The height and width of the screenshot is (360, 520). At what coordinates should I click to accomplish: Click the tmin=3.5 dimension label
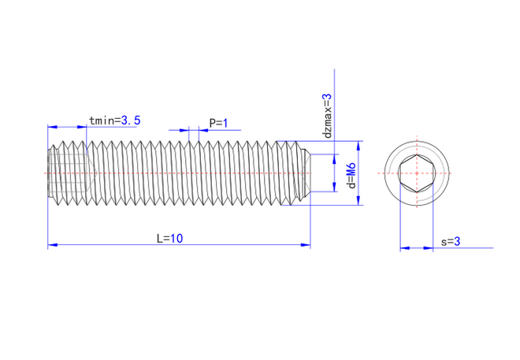(115, 121)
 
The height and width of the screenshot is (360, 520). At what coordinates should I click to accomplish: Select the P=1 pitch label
(218, 123)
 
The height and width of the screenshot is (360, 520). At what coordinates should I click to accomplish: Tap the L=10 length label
(169, 238)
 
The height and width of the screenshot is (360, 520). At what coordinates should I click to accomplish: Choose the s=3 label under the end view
(451, 242)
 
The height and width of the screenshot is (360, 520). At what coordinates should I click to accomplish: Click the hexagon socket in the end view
(416, 173)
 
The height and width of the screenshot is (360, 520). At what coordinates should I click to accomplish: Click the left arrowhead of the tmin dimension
(52, 127)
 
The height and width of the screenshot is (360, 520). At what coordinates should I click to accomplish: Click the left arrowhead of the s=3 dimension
(403, 249)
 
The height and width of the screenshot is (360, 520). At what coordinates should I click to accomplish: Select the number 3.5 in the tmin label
(131, 121)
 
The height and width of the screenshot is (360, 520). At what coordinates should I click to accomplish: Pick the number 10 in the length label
(176, 238)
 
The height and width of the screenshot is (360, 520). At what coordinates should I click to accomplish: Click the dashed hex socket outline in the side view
(71, 173)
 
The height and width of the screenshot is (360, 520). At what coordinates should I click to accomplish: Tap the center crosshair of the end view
(416, 173)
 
